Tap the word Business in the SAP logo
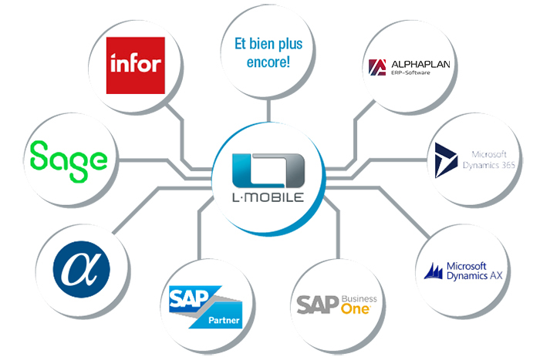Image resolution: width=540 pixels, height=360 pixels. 358,295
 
